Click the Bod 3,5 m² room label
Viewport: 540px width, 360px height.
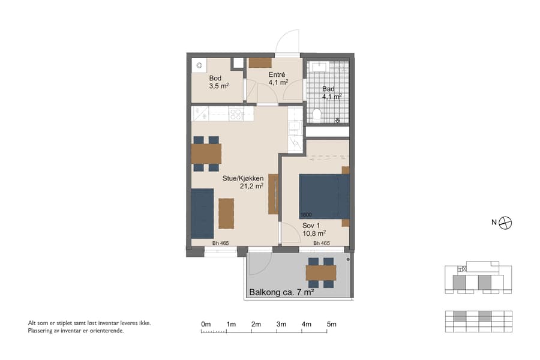pyautogui.click(x=215, y=83)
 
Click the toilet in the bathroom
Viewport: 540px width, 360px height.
pyautogui.click(x=317, y=114)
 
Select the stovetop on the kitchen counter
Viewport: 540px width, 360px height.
pyautogui.click(x=235, y=113)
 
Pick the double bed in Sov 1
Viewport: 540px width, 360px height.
pyautogui.click(x=324, y=197)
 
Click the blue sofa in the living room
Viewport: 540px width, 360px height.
pyautogui.click(x=202, y=213)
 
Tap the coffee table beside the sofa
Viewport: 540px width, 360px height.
pyautogui.click(x=226, y=213)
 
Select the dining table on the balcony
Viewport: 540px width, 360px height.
pyautogui.click(x=320, y=273)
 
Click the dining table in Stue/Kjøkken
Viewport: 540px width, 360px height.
pyautogui.click(x=206, y=154)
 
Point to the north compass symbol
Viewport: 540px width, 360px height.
pyautogui.click(x=506, y=223)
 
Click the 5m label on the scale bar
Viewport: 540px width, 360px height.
pyautogui.click(x=331, y=325)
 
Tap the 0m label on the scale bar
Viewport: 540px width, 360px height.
pyautogui.click(x=206, y=325)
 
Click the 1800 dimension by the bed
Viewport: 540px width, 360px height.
pyautogui.click(x=306, y=215)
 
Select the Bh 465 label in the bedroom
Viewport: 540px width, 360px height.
pyautogui.click(x=321, y=243)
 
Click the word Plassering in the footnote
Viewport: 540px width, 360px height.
pyautogui.click(x=42, y=331)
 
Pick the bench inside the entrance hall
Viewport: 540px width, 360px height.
pyautogui.click(x=260, y=63)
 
